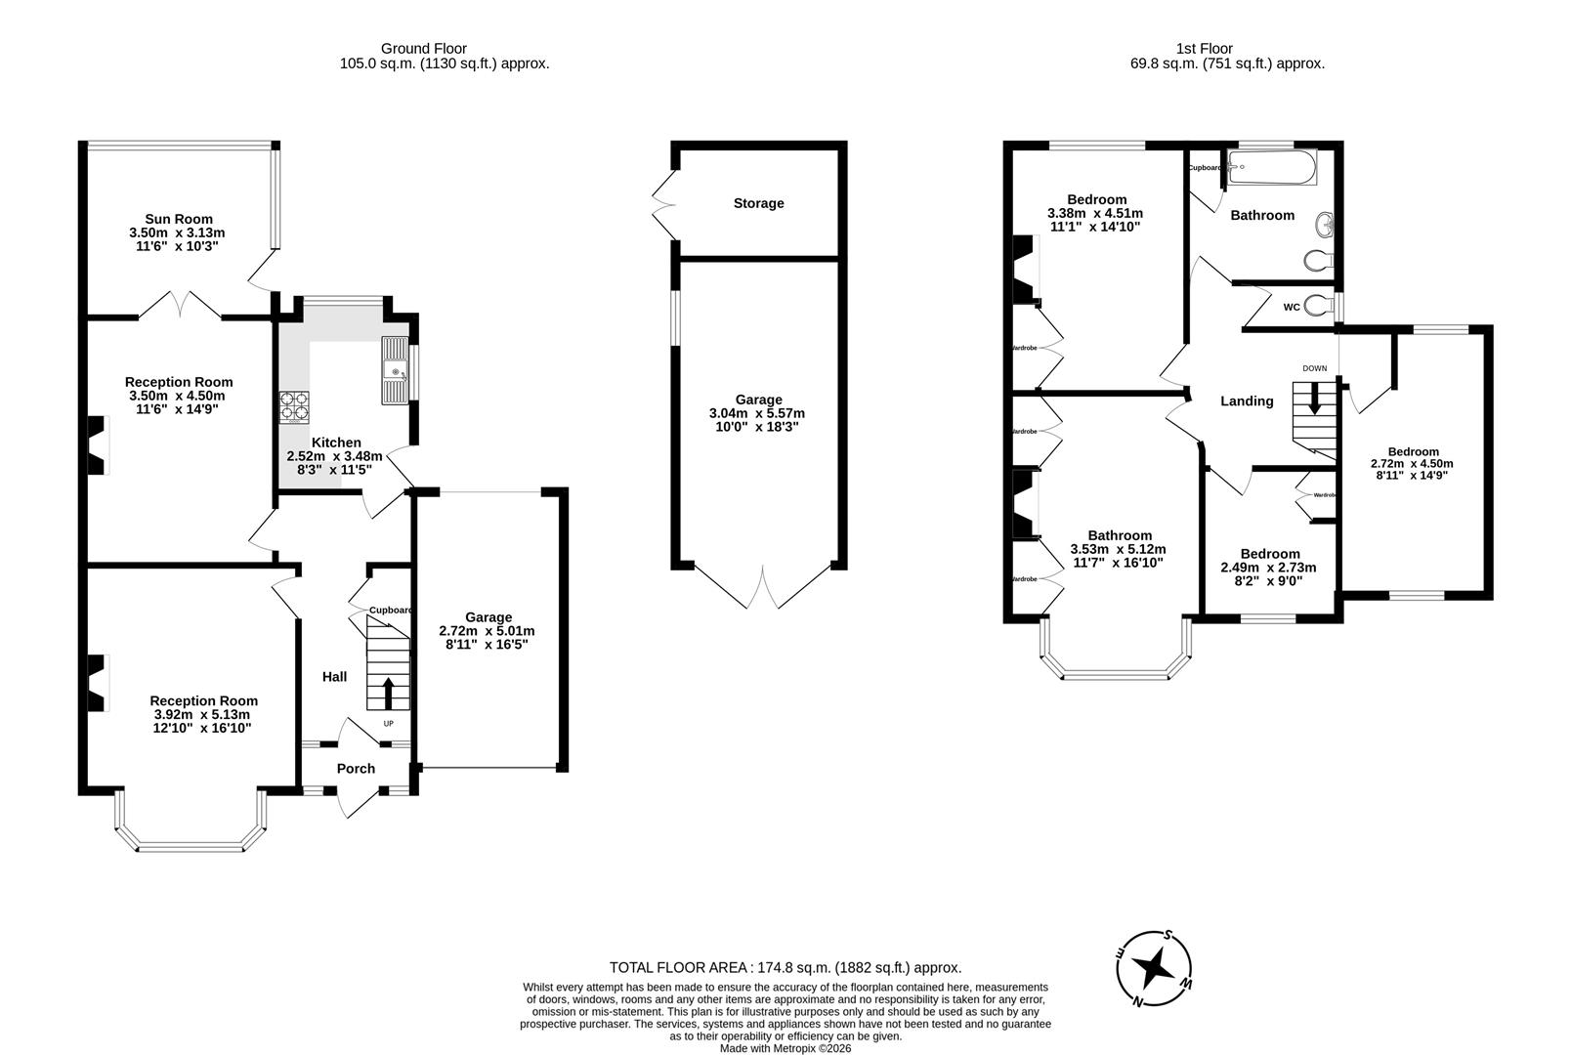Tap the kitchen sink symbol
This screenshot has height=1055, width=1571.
coord(395,370)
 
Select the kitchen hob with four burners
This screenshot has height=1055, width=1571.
coord(293,406)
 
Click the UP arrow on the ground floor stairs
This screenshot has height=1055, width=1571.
coord(388,694)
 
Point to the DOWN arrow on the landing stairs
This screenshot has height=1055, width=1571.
coord(1315,399)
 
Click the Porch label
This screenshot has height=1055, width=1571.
coord(356,769)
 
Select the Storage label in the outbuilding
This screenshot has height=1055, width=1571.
coord(758,203)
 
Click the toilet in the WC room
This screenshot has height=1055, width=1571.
coord(1317,306)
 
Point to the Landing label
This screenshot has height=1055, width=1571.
coord(1247,401)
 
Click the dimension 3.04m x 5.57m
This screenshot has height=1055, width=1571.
coord(757,413)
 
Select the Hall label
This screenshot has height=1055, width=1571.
coord(334,677)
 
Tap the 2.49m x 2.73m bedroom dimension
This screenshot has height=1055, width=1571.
coord(1268,568)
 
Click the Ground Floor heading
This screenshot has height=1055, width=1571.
coord(423,48)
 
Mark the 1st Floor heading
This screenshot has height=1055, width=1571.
coord(1205,48)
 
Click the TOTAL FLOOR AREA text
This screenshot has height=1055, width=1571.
coord(785,968)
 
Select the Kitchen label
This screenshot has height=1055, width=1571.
coord(335,443)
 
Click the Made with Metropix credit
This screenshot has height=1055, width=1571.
coord(785,1048)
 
